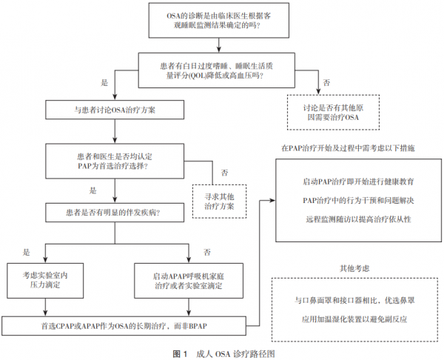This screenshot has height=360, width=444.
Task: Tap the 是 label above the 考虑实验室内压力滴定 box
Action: point(27,251)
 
